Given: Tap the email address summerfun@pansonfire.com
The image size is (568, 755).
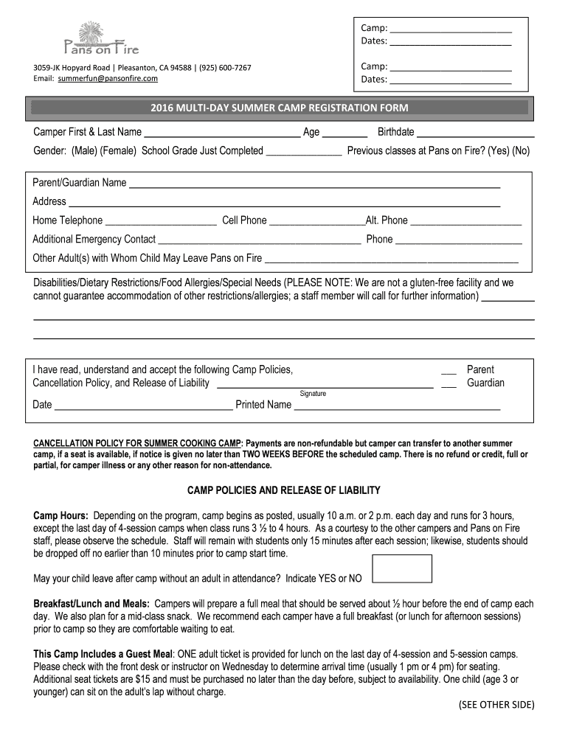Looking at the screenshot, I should pos(108,78).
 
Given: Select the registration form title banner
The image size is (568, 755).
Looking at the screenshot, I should pos(279,108).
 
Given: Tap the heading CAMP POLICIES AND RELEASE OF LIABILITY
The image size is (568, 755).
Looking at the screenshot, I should pos(283,490).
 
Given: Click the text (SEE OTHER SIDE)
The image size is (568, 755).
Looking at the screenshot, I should pos(496,705).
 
